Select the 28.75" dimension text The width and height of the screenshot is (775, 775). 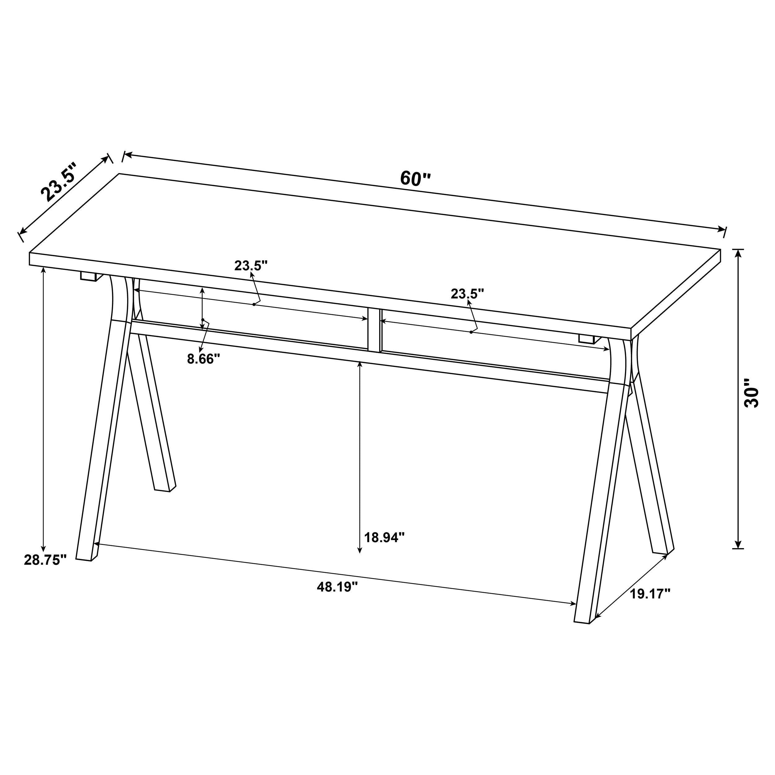[x=45, y=560]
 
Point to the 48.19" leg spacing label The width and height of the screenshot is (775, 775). [x=337, y=587]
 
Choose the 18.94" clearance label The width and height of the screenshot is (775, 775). [x=384, y=537]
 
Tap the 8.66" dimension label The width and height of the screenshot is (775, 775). [x=204, y=358]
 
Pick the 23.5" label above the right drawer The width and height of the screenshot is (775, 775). [x=467, y=294]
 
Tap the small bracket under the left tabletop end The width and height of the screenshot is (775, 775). [x=89, y=277]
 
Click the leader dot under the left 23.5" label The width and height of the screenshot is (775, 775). [x=254, y=304]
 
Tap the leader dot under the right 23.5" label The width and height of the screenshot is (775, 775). [x=471, y=332]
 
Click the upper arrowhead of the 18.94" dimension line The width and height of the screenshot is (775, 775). [x=360, y=363]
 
